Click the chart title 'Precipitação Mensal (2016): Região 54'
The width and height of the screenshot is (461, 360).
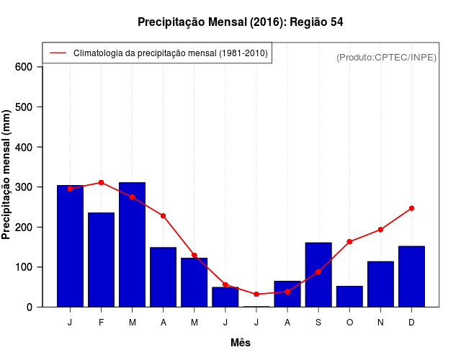[240, 22]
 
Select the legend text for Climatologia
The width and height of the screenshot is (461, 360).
[170, 53]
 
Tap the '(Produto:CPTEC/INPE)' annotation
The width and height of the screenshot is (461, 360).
[386, 57]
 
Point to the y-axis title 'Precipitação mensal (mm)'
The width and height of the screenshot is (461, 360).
[7, 174]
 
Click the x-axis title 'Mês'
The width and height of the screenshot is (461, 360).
[241, 343]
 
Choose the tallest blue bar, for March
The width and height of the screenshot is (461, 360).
[132, 245]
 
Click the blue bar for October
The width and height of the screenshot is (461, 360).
[349, 296]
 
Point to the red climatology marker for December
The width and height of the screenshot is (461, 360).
[411, 208]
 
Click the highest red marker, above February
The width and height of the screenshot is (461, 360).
[101, 182]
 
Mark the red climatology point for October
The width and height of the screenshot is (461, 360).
[349, 242]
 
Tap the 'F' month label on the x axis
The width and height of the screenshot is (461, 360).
[101, 323]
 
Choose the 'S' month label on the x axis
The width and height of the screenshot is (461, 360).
[318, 323]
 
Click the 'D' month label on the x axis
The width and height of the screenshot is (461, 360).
[411, 323]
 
